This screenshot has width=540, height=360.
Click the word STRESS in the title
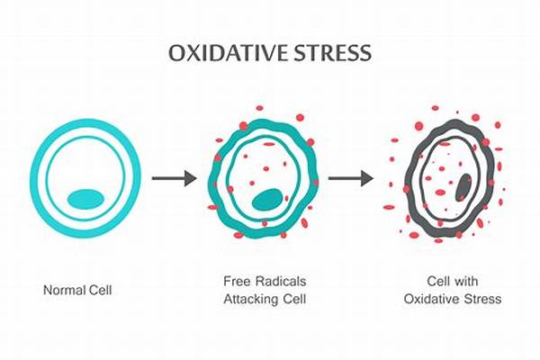(332, 54)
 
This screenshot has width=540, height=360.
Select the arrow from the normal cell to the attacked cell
(174, 178)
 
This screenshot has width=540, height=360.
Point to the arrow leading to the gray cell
(350, 178)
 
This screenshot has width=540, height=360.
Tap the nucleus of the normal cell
(86, 198)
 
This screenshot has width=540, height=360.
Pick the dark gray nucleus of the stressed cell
(463, 187)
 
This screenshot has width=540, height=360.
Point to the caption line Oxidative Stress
(452, 299)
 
